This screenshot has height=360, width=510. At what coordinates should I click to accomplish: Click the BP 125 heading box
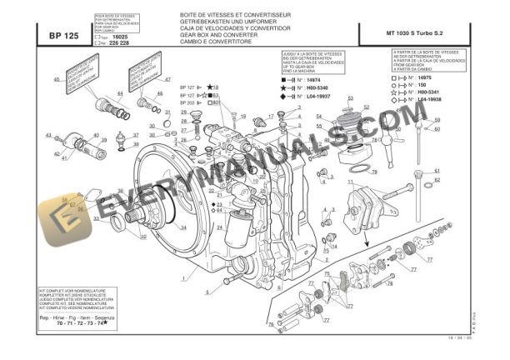coord(63,35)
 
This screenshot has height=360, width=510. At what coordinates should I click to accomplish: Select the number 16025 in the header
coord(119,37)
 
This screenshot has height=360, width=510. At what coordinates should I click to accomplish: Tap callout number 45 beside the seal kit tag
coord(57,79)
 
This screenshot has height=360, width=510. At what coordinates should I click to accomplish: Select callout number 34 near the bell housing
coord(182,227)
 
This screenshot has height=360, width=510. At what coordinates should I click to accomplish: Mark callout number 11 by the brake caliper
coord(350,181)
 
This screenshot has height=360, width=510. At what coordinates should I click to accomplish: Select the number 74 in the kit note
coord(100,322)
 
